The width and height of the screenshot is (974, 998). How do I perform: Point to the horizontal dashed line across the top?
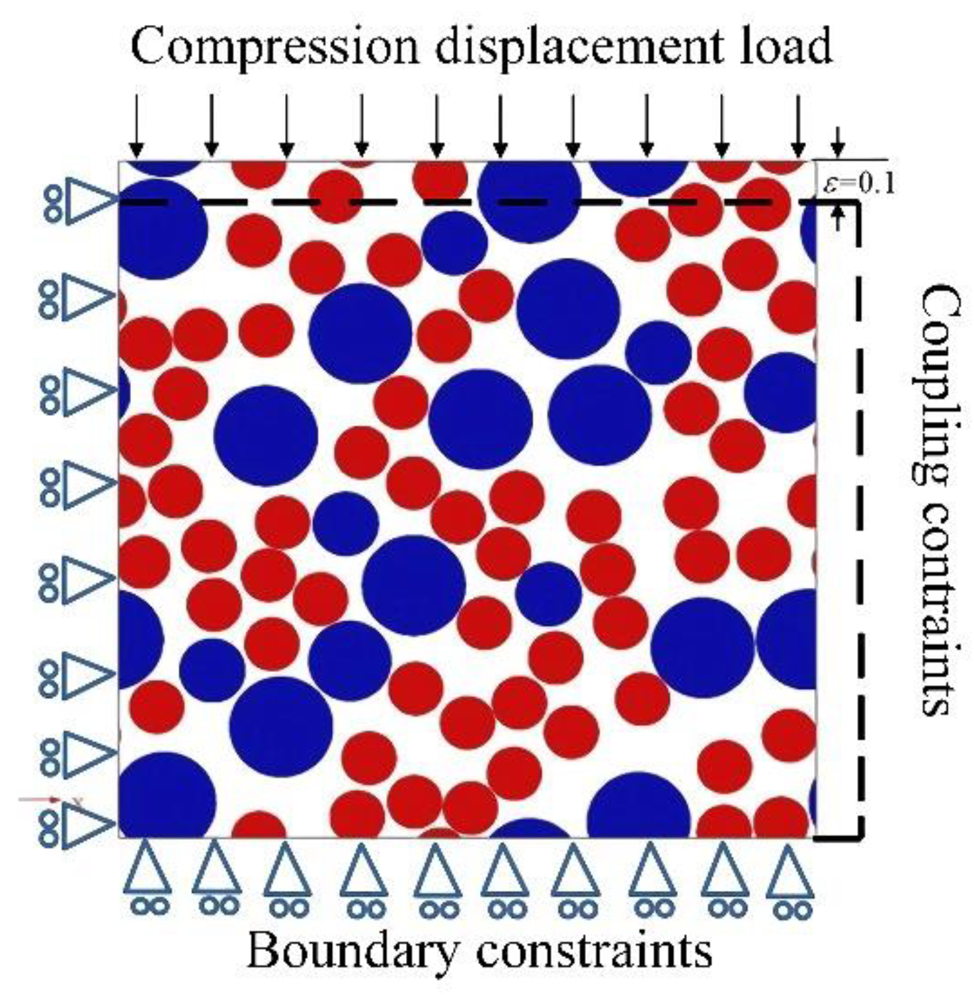463,202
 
